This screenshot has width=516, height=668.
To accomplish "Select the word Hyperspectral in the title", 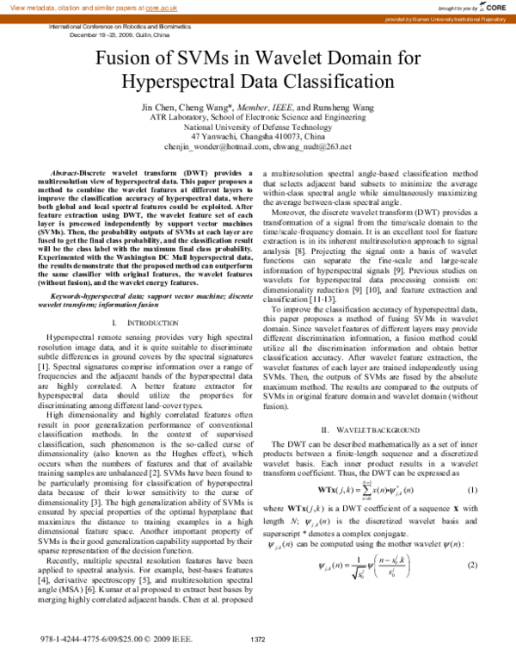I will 179,83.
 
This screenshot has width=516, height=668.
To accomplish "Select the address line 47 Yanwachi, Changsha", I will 258,136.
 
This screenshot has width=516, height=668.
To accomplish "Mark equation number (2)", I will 471,564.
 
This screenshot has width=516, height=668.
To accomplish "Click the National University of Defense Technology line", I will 258,125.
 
